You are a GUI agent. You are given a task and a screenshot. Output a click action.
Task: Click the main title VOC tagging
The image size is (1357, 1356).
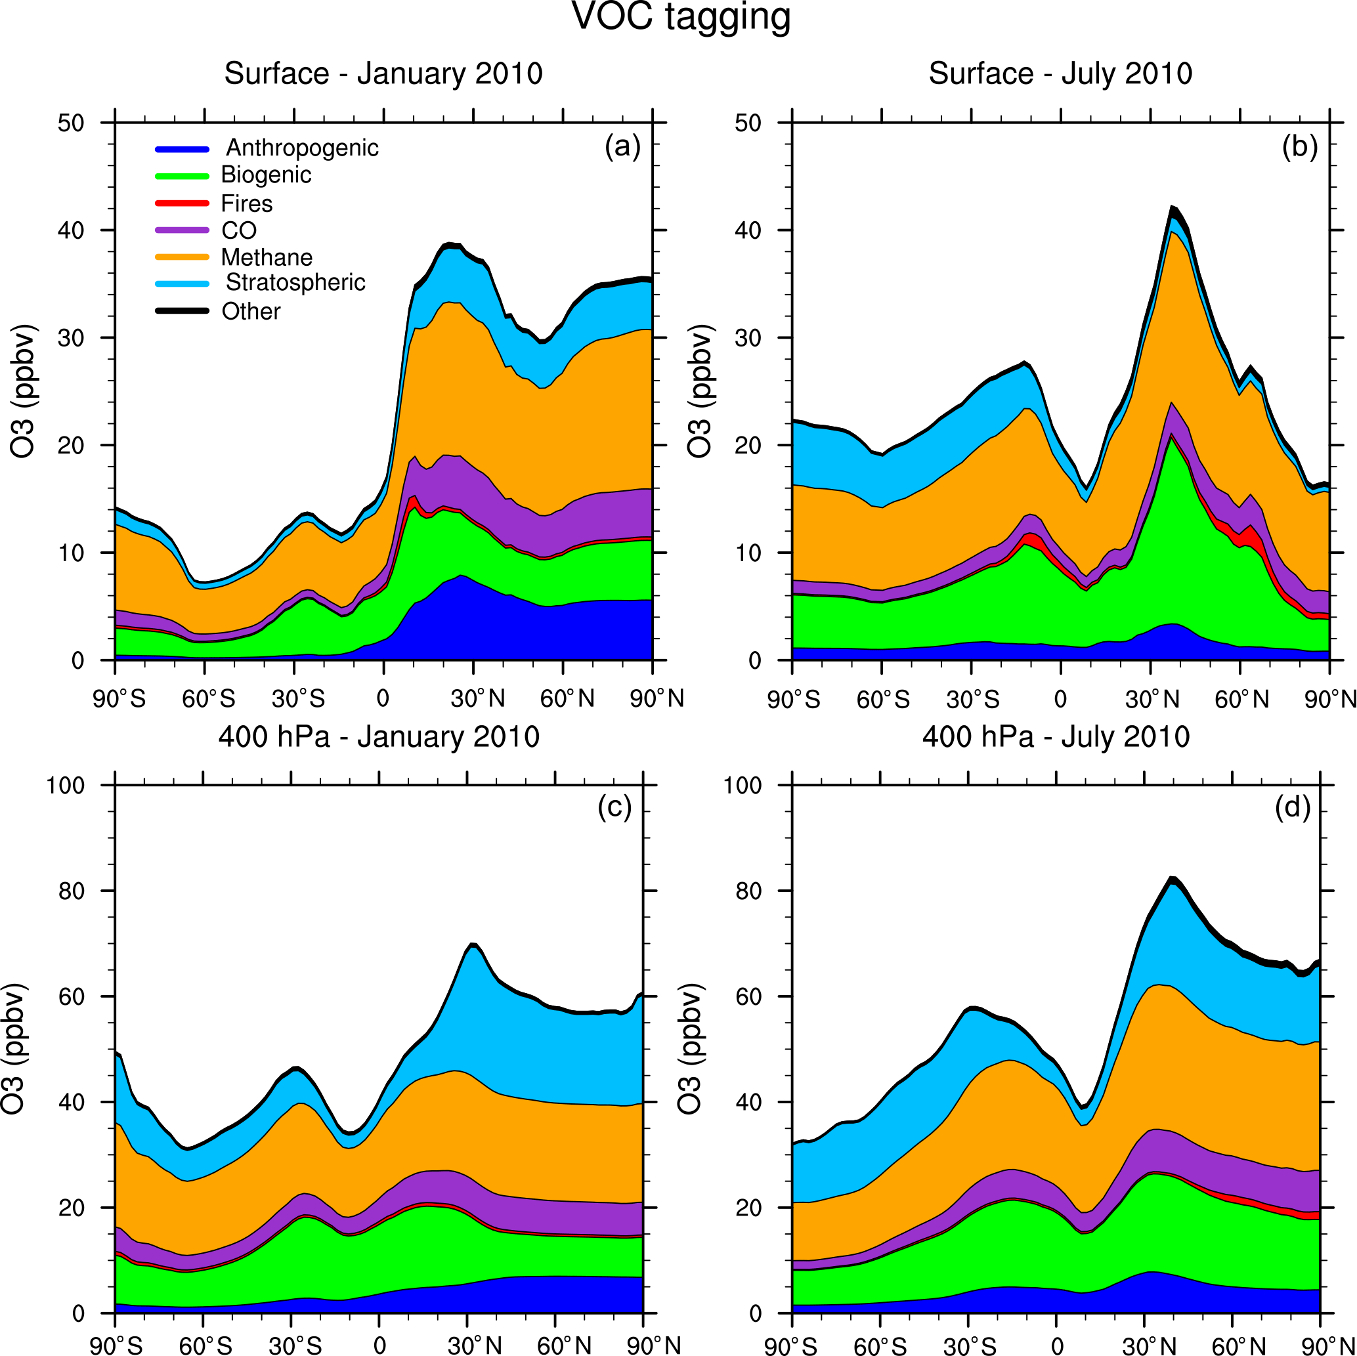pos(681,17)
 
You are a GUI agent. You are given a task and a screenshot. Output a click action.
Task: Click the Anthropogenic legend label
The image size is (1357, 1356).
pos(302,148)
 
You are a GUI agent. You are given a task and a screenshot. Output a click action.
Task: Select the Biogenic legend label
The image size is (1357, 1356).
pos(265,175)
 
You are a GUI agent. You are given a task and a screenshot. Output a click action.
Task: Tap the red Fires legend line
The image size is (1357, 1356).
pos(182,203)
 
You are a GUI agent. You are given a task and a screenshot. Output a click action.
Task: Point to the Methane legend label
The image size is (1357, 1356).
pos(266,258)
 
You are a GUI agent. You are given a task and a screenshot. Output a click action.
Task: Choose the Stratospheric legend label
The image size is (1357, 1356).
pos(295,282)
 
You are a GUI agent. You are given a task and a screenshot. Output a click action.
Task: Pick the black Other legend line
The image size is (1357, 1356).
pos(182,311)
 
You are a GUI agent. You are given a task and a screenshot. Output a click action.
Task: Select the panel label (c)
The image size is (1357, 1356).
pos(614,807)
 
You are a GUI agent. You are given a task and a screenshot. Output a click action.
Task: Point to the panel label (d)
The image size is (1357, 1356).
pos(1293,807)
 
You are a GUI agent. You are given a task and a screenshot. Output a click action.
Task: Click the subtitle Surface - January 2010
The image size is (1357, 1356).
pos(383,74)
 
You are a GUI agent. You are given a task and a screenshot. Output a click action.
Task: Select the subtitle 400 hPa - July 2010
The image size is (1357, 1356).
pos(1056,736)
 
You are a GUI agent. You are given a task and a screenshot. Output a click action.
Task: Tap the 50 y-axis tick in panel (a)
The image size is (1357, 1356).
pos(70,123)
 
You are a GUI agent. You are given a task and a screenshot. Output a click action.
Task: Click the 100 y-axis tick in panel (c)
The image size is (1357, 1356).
pos(64,785)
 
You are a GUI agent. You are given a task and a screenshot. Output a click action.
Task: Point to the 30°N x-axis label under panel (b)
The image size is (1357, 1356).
pos(1152,700)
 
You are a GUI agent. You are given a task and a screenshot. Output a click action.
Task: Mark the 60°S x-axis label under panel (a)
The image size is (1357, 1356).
pos(209,700)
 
